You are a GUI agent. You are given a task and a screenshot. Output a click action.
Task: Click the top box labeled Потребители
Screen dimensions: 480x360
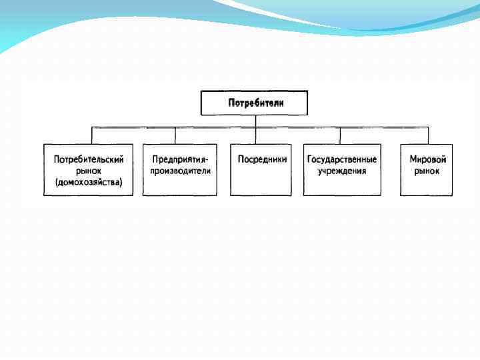coord(255,103)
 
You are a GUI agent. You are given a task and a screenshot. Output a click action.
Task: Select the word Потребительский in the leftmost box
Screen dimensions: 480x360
coord(88,160)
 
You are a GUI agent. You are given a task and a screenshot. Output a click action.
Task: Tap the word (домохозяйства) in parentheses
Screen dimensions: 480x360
coord(88,182)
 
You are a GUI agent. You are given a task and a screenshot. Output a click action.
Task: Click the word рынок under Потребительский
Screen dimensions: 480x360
coord(88,171)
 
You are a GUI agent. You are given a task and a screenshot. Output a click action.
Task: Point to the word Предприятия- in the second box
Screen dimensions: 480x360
coord(180,160)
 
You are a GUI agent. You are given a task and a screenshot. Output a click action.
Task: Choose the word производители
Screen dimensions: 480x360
coord(180,171)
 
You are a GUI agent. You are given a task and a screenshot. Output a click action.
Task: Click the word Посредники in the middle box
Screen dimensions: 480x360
coord(262,160)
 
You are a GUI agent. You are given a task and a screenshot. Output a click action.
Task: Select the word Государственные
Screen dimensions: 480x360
coord(342,160)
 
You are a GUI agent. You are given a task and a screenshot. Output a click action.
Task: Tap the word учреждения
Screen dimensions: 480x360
coord(342,171)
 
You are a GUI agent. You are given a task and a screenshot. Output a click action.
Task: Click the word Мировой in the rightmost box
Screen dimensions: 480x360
coord(427,160)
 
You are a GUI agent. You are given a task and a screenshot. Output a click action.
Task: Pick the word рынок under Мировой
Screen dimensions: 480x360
coord(427,171)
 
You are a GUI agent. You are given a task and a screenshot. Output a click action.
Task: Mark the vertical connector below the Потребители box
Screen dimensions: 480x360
coord(255,121)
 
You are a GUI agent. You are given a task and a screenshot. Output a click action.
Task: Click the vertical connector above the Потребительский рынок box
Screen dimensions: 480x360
coord(92,135)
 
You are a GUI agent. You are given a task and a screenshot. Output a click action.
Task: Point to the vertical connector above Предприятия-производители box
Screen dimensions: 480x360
coord(175,135)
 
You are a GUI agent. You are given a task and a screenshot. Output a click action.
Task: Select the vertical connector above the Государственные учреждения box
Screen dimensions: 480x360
coord(339,135)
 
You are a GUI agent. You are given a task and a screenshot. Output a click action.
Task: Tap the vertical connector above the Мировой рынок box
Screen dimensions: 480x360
coord(429,135)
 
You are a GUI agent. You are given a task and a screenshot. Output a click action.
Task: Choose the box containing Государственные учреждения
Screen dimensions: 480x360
coord(342,187)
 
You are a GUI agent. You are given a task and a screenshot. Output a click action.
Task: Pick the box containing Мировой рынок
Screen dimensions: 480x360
coord(427,187)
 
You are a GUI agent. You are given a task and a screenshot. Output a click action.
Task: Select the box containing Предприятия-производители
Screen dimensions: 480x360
coord(180,186)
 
